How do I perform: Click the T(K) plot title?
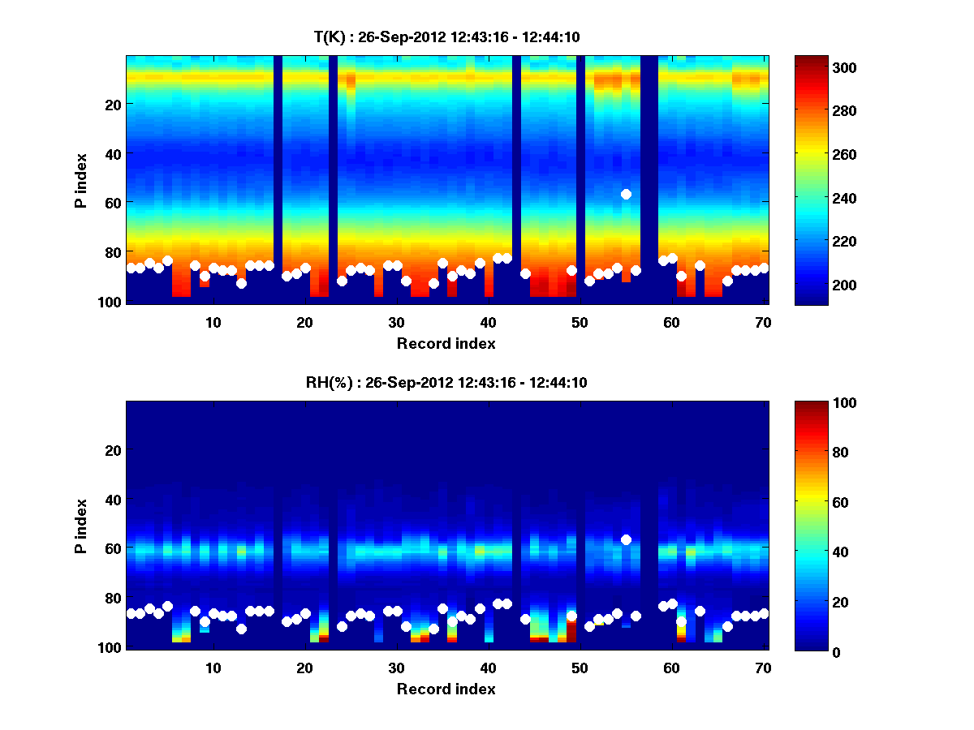(x=446, y=36)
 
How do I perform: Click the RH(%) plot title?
(x=446, y=383)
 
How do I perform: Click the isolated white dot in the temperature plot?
(x=626, y=194)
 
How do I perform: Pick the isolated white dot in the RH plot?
(x=626, y=539)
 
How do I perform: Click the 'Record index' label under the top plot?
(x=446, y=343)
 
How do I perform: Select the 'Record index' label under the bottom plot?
(x=446, y=689)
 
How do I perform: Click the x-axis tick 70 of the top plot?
(x=763, y=322)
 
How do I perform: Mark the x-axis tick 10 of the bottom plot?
(x=213, y=668)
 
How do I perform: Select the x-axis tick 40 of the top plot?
(x=488, y=322)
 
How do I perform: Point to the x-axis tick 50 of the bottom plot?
(x=580, y=668)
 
